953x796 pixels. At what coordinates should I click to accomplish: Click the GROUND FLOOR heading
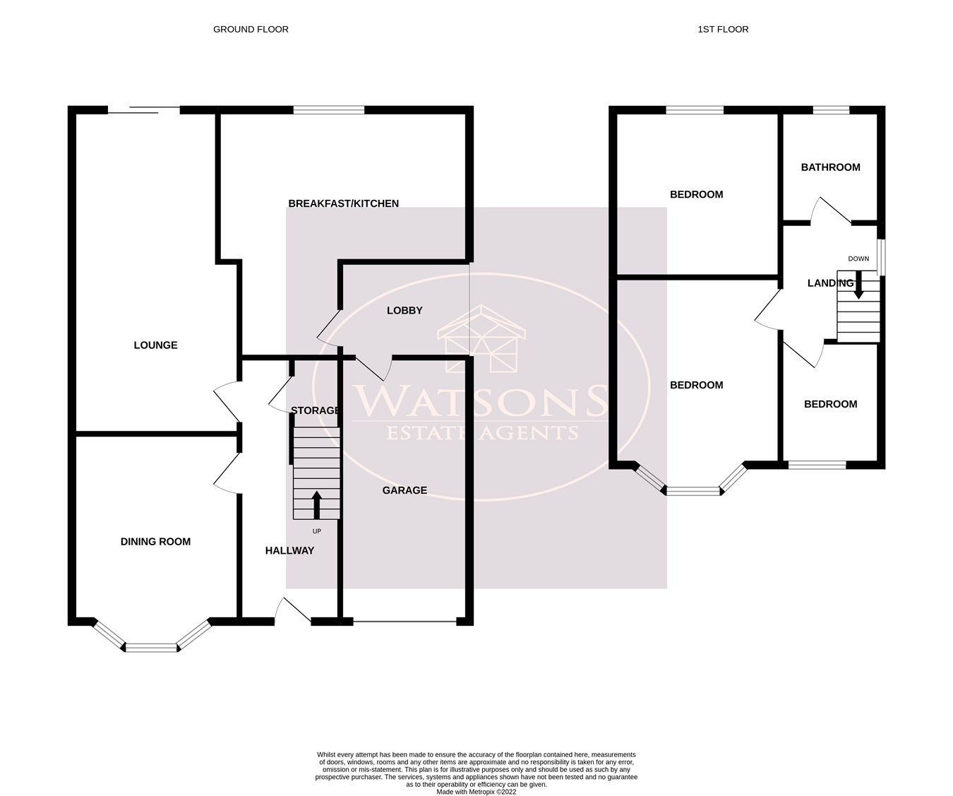point(251,29)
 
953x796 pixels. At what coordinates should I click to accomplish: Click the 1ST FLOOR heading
point(723,29)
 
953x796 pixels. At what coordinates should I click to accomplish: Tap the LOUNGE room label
point(155,345)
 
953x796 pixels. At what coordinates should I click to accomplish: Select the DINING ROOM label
point(155,542)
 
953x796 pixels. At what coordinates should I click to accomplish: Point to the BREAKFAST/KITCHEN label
point(344,203)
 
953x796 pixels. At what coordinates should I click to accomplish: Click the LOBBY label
point(404,311)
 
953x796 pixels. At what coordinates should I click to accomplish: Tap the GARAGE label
point(404,490)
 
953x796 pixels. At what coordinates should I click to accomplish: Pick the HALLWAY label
point(290,551)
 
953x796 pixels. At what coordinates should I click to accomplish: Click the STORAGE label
point(315,410)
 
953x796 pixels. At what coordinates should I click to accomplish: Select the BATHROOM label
point(831,167)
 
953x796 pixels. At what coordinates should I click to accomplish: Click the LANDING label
point(831,283)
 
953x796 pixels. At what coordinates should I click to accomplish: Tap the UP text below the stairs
point(317,531)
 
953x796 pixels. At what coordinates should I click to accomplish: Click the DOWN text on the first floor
point(858,259)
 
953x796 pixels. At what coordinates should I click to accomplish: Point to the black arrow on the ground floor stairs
point(316,505)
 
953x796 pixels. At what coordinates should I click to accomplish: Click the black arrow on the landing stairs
point(858,285)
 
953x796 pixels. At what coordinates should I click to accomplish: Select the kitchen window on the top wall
point(329,110)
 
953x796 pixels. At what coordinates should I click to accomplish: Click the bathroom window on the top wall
point(831,110)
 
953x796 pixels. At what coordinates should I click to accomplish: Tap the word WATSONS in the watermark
point(481,401)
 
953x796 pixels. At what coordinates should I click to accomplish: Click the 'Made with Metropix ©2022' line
point(476,792)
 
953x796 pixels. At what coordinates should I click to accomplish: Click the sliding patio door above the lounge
point(144,110)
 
